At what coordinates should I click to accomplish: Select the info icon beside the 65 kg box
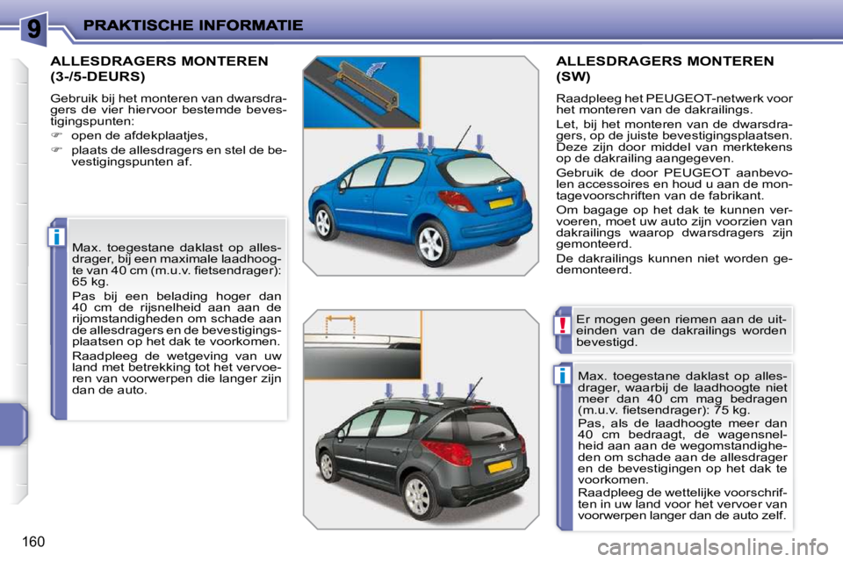click(x=57, y=237)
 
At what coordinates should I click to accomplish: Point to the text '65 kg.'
click(x=90, y=283)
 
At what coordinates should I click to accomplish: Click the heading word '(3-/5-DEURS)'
click(x=98, y=76)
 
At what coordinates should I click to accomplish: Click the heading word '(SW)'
click(x=574, y=76)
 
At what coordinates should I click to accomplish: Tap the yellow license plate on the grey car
click(x=500, y=467)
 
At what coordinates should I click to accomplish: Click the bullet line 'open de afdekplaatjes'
click(x=139, y=135)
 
